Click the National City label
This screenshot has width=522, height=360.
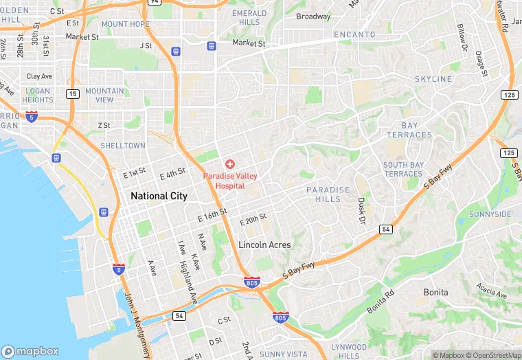tap(159, 196)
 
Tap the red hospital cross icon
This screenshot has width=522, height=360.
tap(229, 164)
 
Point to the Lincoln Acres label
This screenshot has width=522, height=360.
tap(264, 245)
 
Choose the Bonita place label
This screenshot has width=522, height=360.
tap(435, 292)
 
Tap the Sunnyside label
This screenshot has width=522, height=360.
tap(490, 214)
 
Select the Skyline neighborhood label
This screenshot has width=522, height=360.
tap(433, 79)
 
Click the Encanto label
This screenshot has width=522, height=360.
tap(354, 34)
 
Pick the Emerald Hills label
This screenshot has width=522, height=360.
tap(249, 18)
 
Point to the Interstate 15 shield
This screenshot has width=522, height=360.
tap(73, 93)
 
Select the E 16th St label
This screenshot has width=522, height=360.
tap(213, 215)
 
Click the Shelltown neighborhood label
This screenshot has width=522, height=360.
tap(122, 146)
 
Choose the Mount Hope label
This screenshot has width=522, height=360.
tap(125, 24)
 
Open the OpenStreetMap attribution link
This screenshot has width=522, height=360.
tap(494, 355)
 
